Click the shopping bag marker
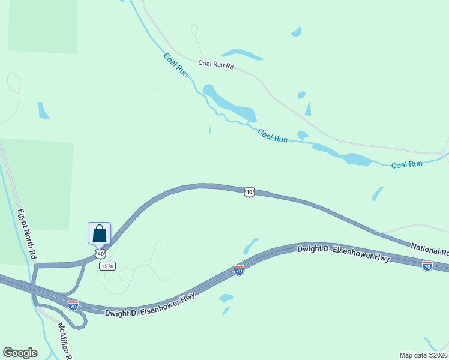point(99,233)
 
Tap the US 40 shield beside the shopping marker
point(101,254)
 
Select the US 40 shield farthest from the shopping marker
point(249,192)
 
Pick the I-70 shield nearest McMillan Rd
point(73,305)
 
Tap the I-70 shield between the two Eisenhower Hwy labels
point(239,270)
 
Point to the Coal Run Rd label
point(216,64)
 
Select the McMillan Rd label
point(64,341)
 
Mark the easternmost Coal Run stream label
point(406,164)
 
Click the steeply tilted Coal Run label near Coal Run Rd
point(176,64)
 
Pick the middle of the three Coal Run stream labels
point(273,136)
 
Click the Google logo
point(20,353)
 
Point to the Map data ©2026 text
point(423,355)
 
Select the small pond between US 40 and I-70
point(250,246)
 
